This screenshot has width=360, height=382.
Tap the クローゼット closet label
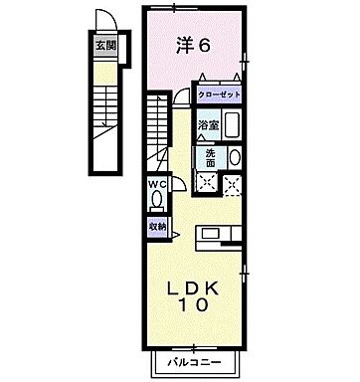220,95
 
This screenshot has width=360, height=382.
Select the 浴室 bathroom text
207,126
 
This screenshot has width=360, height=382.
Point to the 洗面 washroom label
211,156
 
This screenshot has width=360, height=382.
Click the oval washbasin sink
234,157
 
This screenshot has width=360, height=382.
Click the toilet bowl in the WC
158,200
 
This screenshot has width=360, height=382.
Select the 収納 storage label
158,226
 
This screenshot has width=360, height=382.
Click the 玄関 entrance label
103,44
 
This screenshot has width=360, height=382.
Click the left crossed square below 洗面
209,182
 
